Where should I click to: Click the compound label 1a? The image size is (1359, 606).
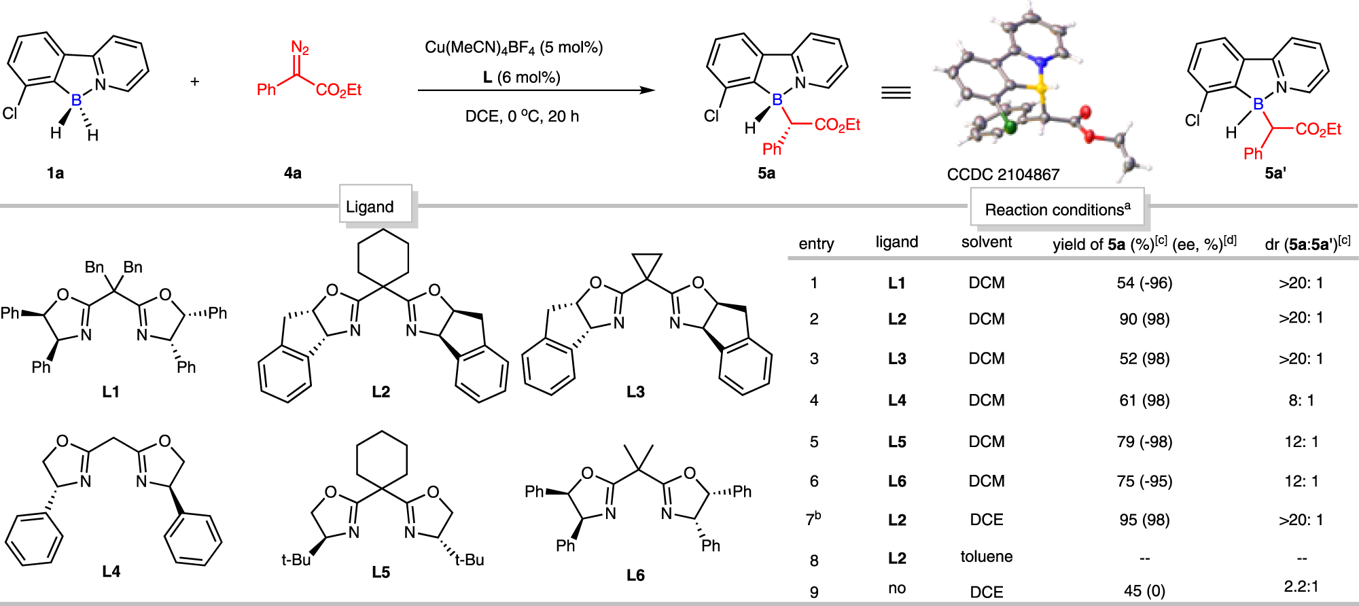(55, 173)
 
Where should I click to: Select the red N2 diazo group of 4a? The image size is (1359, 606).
(300, 48)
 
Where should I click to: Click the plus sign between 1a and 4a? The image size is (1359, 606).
(195, 82)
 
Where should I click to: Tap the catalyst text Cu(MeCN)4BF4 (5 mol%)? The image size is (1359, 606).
(514, 48)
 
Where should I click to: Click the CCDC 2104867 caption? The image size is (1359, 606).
(1003, 175)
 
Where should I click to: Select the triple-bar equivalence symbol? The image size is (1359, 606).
(896, 92)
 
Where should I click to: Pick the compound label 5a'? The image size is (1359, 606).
(1275, 173)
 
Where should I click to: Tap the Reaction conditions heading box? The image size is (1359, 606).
(1057, 209)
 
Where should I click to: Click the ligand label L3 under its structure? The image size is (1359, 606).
(635, 392)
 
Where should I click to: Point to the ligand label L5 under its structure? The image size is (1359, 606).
(381, 573)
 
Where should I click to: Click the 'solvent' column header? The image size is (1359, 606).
(986, 243)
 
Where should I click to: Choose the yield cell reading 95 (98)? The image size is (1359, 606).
(1144, 520)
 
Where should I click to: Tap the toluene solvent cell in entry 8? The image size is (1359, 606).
(986, 557)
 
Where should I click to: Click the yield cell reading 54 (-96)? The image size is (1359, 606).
(1144, 283)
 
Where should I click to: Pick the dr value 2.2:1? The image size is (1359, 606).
(1301, 586)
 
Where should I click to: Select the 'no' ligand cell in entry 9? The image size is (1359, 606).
(896, 588)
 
